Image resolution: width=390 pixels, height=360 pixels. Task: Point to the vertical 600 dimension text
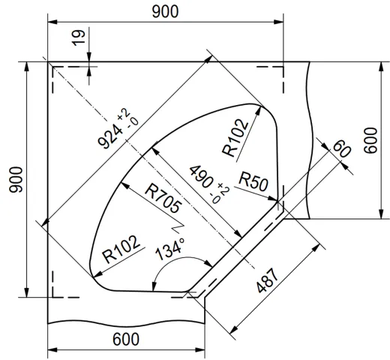click(x=369, y=139)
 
